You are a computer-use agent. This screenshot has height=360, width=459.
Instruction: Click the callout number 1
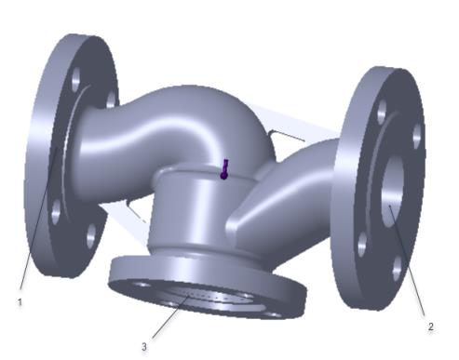[20, 302]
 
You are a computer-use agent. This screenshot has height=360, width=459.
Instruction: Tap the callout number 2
[430, 327]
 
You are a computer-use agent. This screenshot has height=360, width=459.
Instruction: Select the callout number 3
[144, 347]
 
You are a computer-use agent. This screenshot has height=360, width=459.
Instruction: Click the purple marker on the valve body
[224, 169]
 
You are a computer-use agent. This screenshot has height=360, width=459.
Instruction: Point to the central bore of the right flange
[392, 192]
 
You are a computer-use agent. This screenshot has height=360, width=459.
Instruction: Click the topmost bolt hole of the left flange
[76, 80]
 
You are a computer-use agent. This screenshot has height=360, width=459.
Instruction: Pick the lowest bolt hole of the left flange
[90, 236]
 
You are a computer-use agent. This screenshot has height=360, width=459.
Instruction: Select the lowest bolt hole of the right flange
[397, 269]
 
